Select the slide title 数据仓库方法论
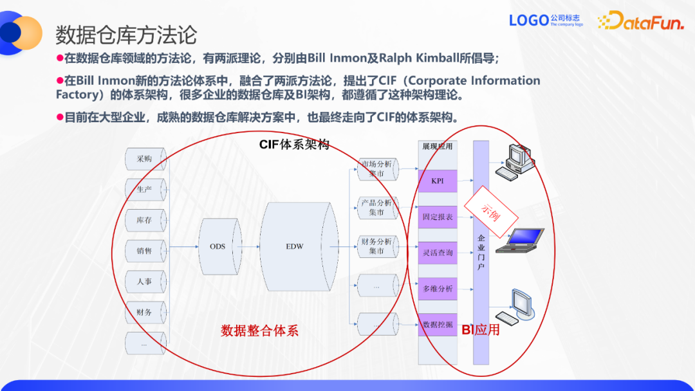126,35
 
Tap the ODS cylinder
218,246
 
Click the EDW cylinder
295,246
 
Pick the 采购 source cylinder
144,159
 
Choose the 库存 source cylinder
144,220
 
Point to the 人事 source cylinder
144,281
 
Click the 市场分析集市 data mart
377,168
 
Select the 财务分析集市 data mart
377,246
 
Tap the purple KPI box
438,181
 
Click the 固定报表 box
438,217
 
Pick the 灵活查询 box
438,253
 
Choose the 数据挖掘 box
438,325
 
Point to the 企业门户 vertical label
481,252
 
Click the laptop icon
522,239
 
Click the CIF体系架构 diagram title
294,145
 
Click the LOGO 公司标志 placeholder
546,21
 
